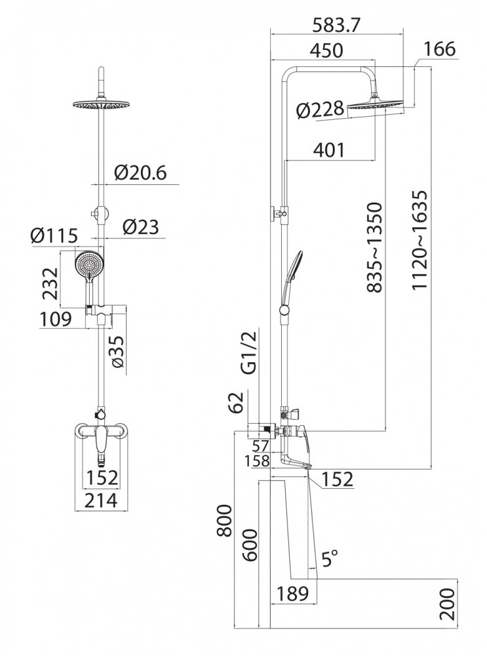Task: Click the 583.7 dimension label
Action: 336,26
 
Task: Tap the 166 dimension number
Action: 439,49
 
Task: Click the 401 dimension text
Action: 330,150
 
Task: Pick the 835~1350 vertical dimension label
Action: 374,247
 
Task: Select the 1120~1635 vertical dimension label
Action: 419,240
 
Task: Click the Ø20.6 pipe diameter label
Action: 140,173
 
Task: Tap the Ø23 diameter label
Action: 141,227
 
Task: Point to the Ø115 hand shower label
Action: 54,236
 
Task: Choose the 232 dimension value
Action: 51,283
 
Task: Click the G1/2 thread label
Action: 250,350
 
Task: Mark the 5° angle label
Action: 330,558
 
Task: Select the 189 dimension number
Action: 292,593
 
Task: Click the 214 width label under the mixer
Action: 102,500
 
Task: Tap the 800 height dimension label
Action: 225,520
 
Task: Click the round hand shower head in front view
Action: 89,264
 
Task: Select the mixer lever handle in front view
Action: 101,439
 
